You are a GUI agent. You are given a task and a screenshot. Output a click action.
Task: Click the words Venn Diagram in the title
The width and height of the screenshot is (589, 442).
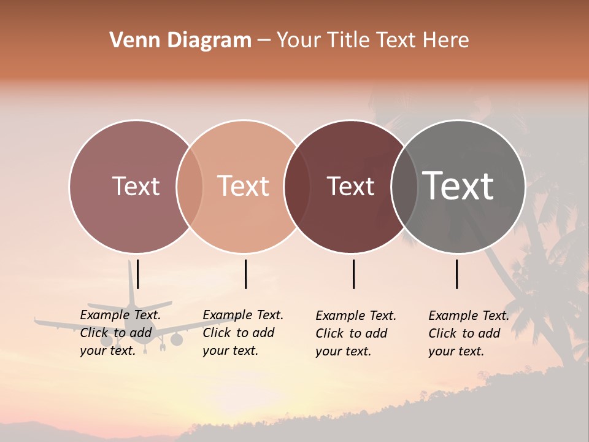pyautogui.click(x=180, y=41)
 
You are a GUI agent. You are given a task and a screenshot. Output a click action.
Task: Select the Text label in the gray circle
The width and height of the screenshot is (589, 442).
pyautogui.click(x=458, y=185)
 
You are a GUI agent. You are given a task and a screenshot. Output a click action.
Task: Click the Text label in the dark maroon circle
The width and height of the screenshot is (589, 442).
pyautogui.click(x=350, y=186)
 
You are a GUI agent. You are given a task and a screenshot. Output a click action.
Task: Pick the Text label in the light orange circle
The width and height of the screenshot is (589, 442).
pyautogui.click(x=243, y=186)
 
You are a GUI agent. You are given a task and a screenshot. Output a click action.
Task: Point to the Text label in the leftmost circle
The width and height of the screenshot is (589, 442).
pyautogui.click(x=136, y=186)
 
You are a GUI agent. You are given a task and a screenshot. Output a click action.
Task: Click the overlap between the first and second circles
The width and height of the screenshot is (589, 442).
pyautogui.click(x=190, y=187)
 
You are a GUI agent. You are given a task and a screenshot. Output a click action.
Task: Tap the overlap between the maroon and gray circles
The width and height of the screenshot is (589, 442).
pyautogui.click(x=404, y=187)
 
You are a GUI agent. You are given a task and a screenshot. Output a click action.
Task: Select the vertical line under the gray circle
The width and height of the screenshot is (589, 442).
pyautogui.click(x=457, y=274)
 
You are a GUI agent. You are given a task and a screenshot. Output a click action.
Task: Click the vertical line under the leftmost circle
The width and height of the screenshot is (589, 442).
pyautogui.click(x=138, y=274)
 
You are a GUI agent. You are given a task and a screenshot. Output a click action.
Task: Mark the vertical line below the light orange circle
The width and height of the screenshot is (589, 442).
pyautogui.click(x=245, y=274)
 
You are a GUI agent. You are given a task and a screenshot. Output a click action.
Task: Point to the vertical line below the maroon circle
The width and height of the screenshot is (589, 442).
pyautogui.click(x=354, y=274)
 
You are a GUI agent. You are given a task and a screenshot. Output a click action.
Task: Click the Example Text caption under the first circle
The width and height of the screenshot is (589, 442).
pyautogui.click(x=120, y=333)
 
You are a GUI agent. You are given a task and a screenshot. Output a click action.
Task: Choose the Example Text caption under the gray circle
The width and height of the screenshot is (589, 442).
pyautogui.click(x=469, y=333)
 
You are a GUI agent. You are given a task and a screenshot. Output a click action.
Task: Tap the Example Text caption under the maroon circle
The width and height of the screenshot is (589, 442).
pyautogui.click(x=356, y=333)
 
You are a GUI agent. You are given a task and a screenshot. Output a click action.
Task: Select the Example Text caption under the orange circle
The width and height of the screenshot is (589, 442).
pyautogui.click(x=243, y=333)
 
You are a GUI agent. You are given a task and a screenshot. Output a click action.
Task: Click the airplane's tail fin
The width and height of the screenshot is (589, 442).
pyautogui.click(x=131, y=282)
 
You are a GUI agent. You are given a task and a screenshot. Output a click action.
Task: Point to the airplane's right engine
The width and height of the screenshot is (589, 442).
pyautogui.click(x=177, y=339)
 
